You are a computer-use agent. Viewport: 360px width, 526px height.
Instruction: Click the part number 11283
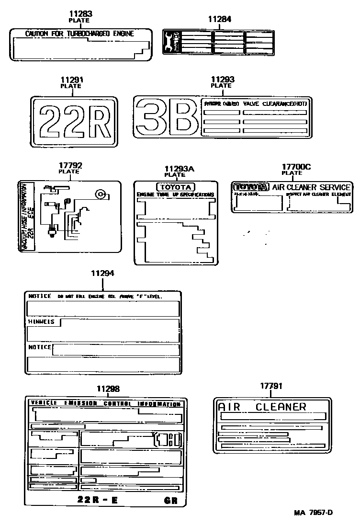pos(80,14)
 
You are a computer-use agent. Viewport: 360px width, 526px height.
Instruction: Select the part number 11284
pos(219,19)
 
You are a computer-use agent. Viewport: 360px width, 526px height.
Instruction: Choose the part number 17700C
pos(296,166)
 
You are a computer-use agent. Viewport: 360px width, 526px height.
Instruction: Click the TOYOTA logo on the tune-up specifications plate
pos(175,187)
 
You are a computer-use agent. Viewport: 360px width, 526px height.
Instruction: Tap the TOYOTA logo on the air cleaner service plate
pos(251,187)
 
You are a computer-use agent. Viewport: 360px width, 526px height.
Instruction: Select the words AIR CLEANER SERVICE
pos(312,187)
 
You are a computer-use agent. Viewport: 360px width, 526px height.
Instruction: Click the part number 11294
pos(102,273)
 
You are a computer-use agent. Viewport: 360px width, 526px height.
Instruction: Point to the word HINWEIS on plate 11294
pos(41,321)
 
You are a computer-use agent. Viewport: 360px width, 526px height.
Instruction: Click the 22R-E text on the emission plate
pos(98,500)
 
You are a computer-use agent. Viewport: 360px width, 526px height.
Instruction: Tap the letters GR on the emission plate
pos(170,501)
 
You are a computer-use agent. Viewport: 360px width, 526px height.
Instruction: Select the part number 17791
pos(271,386)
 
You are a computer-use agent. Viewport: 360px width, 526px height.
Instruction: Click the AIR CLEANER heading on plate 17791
pos(262,407)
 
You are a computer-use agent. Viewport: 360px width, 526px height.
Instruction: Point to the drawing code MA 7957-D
pos(313,513)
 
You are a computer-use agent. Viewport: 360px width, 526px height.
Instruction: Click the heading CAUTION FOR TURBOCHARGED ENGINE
pos(79,34)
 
